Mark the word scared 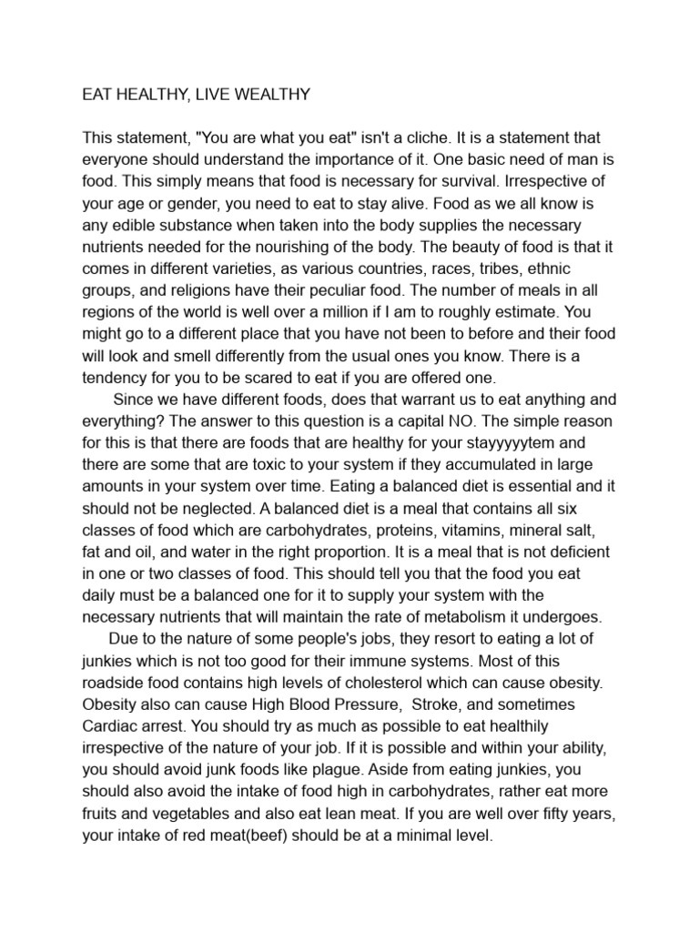click(242, 379)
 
